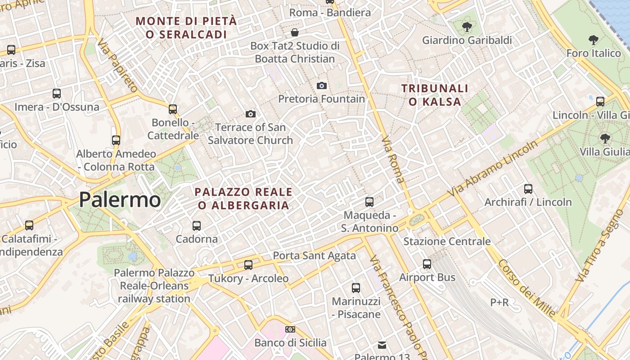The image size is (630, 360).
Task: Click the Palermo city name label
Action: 120,199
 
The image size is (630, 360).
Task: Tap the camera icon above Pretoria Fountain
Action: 322,85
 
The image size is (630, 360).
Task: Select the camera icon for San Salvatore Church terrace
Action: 251,114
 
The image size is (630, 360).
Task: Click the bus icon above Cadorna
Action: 197,225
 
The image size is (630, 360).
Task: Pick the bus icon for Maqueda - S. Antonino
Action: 369,202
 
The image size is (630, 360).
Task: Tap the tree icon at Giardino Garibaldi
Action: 467,27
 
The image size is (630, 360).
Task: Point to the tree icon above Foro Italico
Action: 594,40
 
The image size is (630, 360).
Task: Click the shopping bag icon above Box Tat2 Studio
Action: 295,32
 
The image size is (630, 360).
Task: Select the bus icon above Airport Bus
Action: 427,264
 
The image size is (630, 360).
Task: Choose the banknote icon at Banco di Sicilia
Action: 290,329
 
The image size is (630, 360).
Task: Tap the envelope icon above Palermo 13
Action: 382,345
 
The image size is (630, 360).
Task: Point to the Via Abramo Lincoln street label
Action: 493,168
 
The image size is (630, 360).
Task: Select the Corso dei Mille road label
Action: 526,288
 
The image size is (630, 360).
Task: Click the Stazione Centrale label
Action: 447,241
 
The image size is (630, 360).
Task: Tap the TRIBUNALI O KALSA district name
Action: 435,95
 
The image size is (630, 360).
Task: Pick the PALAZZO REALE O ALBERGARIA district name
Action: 243,198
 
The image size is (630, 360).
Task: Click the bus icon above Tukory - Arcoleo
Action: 248,265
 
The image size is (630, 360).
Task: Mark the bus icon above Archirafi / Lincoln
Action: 528,189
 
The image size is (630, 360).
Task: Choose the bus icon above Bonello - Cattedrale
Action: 173,109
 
